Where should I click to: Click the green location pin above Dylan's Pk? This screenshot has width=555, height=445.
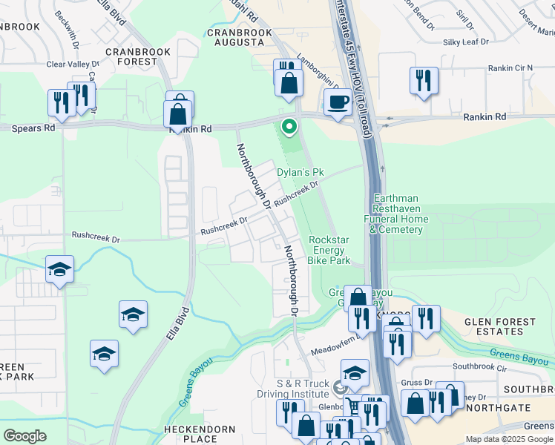pos(289,128)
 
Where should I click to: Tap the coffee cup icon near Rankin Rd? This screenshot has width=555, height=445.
pos(338,102)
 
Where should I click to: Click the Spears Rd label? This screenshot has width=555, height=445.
pos(33,128)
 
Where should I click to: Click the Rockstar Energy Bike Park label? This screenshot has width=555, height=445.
pos(329,250)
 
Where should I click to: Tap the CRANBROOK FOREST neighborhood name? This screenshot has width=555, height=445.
pos(138,57)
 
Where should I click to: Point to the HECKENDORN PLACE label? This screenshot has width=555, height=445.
pos(200,435)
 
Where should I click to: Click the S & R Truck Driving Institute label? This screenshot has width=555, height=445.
pos(292,388)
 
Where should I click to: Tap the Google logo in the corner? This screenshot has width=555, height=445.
pos(25,435)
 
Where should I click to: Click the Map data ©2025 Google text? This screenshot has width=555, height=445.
pos(509,439)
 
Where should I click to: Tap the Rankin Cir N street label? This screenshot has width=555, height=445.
pos(510,68)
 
